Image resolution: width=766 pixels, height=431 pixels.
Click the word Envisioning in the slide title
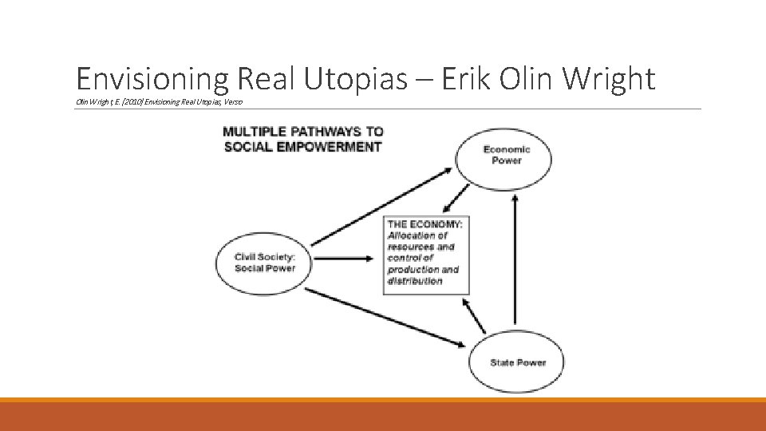(152, 78)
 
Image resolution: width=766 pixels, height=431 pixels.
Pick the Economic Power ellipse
(503, 155)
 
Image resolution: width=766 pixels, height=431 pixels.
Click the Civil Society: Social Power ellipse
(264, 262)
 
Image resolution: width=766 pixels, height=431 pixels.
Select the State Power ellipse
(517, 362)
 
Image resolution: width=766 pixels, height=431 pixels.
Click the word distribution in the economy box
(415, 281)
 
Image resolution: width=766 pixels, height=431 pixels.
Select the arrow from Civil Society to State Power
(385, 317)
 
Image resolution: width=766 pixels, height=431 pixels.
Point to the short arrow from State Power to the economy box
(475, 316)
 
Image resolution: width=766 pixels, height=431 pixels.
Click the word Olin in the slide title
(534, 78)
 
